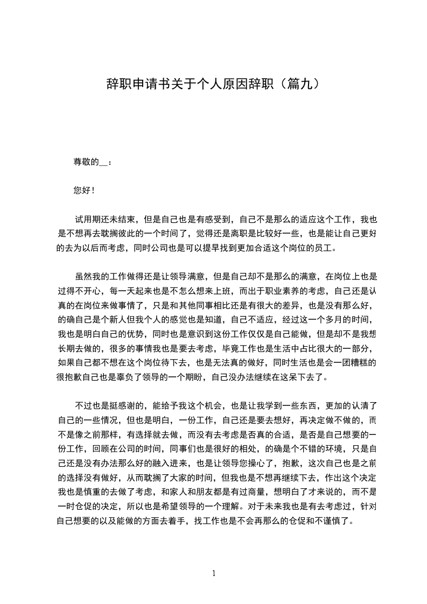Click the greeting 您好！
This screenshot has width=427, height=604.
click(x=84, y=190)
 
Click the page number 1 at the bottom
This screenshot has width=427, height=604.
click(x=214, y=573)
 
